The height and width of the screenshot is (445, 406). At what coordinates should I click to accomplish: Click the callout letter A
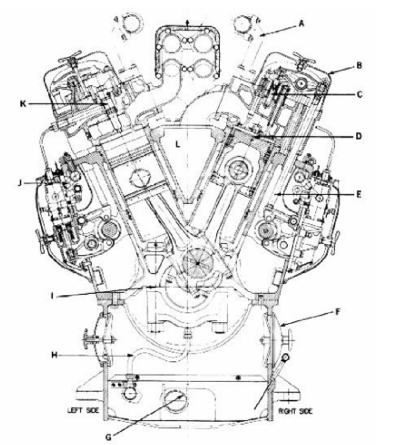pos(301,23)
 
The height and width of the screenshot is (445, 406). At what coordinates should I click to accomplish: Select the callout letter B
pos(359,65)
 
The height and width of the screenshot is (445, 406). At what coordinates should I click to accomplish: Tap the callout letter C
pos(359,94)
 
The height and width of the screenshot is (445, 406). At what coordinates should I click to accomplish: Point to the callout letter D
pos(359,136)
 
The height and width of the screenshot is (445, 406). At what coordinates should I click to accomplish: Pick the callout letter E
pos(359,195)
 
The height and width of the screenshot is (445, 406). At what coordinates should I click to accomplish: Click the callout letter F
pos(337,312)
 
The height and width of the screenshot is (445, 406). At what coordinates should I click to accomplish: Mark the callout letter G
pos(108,437)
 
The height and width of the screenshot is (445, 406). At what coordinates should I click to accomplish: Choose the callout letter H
pos(54,355)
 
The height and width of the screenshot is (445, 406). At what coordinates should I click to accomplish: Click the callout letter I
pos(52,296)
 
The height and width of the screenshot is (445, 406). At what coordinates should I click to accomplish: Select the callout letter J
pos(20,183)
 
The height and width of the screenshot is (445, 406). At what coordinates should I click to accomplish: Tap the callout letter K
pos(23,104)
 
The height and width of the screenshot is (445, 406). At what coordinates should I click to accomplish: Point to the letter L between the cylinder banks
pos(178,145)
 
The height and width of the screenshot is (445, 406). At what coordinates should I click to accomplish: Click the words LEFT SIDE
pos(83,410)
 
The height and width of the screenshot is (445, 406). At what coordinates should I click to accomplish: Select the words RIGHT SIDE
pos(295,411)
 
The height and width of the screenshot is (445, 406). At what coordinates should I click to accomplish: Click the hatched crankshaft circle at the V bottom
pos(197,263)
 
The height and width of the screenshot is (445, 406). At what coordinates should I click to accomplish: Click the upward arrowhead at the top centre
pos(187,22)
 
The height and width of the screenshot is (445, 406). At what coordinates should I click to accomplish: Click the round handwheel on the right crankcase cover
pos(289,339)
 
